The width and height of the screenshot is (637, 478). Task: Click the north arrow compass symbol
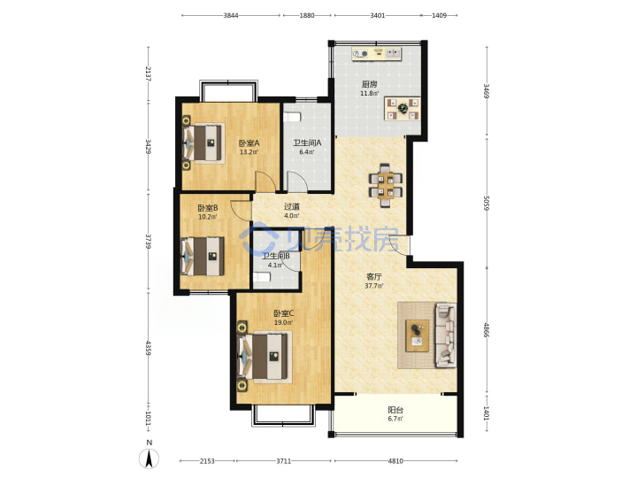pyautogui.click(x=150, y=459)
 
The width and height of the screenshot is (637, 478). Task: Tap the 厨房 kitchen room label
pyautogui.click(x=369, y=85)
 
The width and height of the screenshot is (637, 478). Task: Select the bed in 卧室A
pyautogui.click(x=203, y=143)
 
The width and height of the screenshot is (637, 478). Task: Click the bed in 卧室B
pyautogui.click(x=203, y=256)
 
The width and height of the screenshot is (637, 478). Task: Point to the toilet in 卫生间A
pyautogui.click(x=292, y=117)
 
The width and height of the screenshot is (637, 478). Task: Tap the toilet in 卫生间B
pyautogui.click(x=262, y=277)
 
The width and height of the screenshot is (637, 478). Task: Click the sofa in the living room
pyautogui.click(x=445, y=335)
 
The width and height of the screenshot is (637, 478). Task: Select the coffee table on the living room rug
pyautogui.click(x=418, y=335)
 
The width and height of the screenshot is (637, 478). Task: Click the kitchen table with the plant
pyautogui.click(x=403, y=109)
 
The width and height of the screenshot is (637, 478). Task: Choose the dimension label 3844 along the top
pyautogui.click(x=231, y=15)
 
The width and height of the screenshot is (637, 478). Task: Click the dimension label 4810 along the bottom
pyautogui.click(x=395, y=461)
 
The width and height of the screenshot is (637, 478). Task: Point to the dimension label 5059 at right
pyautogui.click(x=487, y=203)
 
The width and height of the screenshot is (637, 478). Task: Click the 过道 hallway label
pyautogui.click(x=292, y=206)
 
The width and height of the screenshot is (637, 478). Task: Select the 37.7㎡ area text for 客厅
pyautogui.click(x=373, y=286)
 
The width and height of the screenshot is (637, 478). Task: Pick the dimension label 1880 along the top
pyautogui.click(x=307, y=15)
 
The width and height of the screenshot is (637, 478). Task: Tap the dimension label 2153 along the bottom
pyautogui.click(x=207, y=461)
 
